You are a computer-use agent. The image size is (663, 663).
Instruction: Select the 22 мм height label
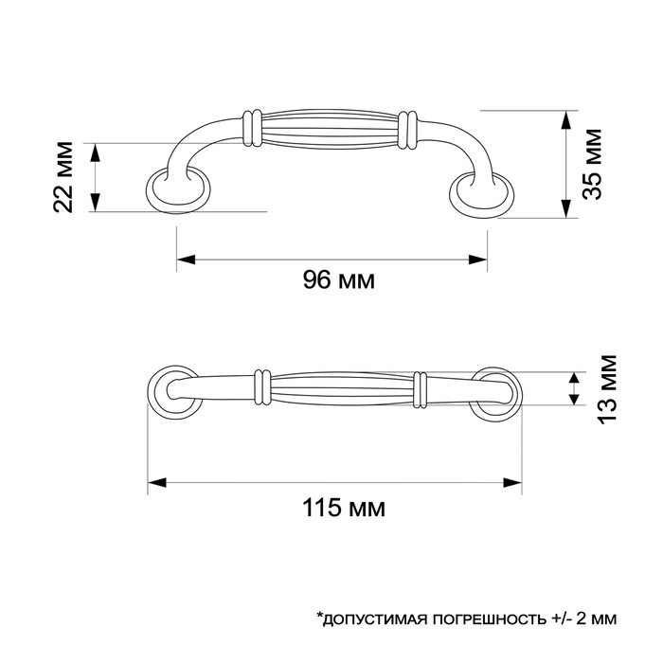[x=64, y=177]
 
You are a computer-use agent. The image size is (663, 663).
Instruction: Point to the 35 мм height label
[x=593, y=165]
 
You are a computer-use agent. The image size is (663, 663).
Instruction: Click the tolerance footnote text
[x=465, y=619]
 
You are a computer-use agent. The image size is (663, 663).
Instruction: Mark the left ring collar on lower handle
[x=262, y=386]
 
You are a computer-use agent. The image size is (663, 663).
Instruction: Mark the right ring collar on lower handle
[x=420, y=388]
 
